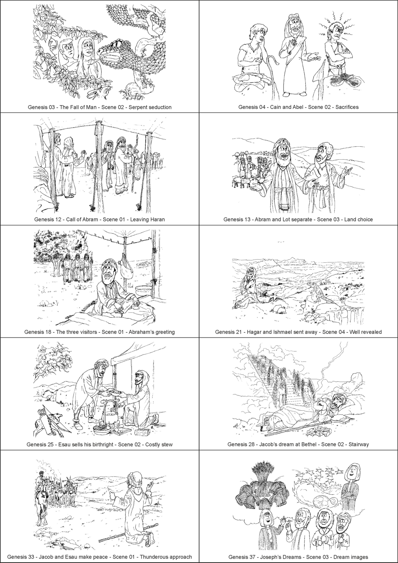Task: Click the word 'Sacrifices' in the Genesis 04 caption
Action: [347, 107]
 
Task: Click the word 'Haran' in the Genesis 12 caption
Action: [157, 219]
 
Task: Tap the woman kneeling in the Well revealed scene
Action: [248, 286]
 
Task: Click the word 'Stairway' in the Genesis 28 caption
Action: [359, 444]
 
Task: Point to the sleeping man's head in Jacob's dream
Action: [338, 403]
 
